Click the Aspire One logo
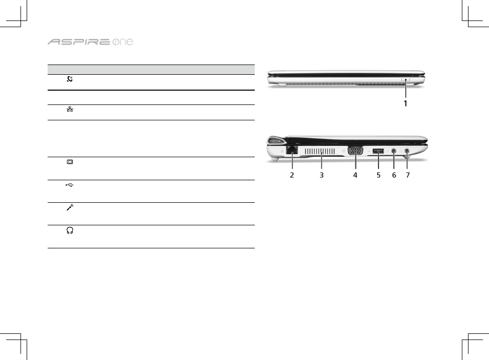click(90, 42)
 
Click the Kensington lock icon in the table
click(70, 79)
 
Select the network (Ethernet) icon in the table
click(70, 109)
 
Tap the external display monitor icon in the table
click(70, 162)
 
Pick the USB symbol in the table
click(70, 185)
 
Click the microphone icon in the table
click(70, 207)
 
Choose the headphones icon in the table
click(70, 230)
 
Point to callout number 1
click(405, 103)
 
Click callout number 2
click(292, 175)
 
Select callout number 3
click(321, 175)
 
